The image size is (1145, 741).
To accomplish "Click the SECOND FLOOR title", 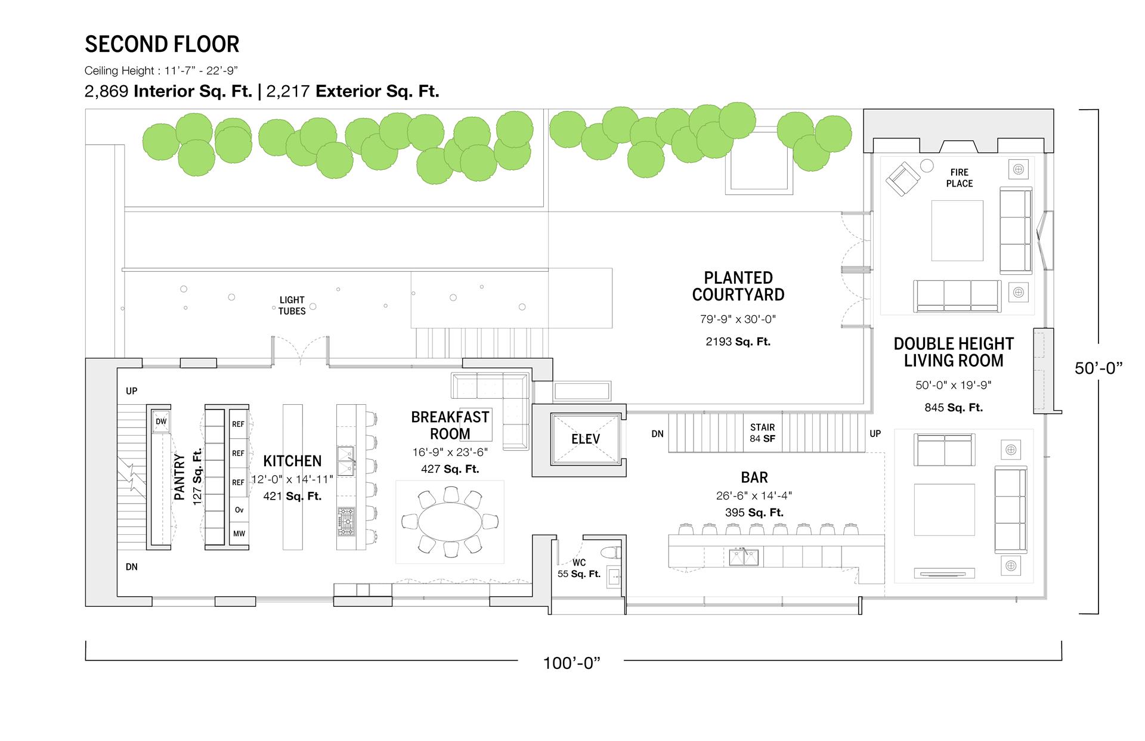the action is [162, 44].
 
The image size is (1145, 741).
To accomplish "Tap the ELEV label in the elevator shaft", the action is [585, 439].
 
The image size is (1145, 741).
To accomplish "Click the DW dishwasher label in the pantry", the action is [161, 421].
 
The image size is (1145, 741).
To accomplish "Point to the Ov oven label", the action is [239, 510].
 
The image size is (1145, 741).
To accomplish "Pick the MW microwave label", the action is [239, 534].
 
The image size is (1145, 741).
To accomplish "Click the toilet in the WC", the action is [611, 552].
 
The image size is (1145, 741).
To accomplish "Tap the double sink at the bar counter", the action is [744, 557].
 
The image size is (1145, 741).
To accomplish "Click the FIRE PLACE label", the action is [959, 178].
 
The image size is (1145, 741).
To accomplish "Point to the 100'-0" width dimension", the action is [571, 663].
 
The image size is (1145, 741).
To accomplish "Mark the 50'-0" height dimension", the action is [1098, 368].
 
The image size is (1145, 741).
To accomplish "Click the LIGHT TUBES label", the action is [292, 305].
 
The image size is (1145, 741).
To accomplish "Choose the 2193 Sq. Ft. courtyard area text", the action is [738, 342].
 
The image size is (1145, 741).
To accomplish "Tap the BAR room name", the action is [754, 478].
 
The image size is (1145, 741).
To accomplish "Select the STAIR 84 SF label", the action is [763, 433].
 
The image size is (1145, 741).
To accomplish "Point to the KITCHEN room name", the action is [292, 461].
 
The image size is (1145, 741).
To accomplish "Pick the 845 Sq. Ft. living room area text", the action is [954, 408].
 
